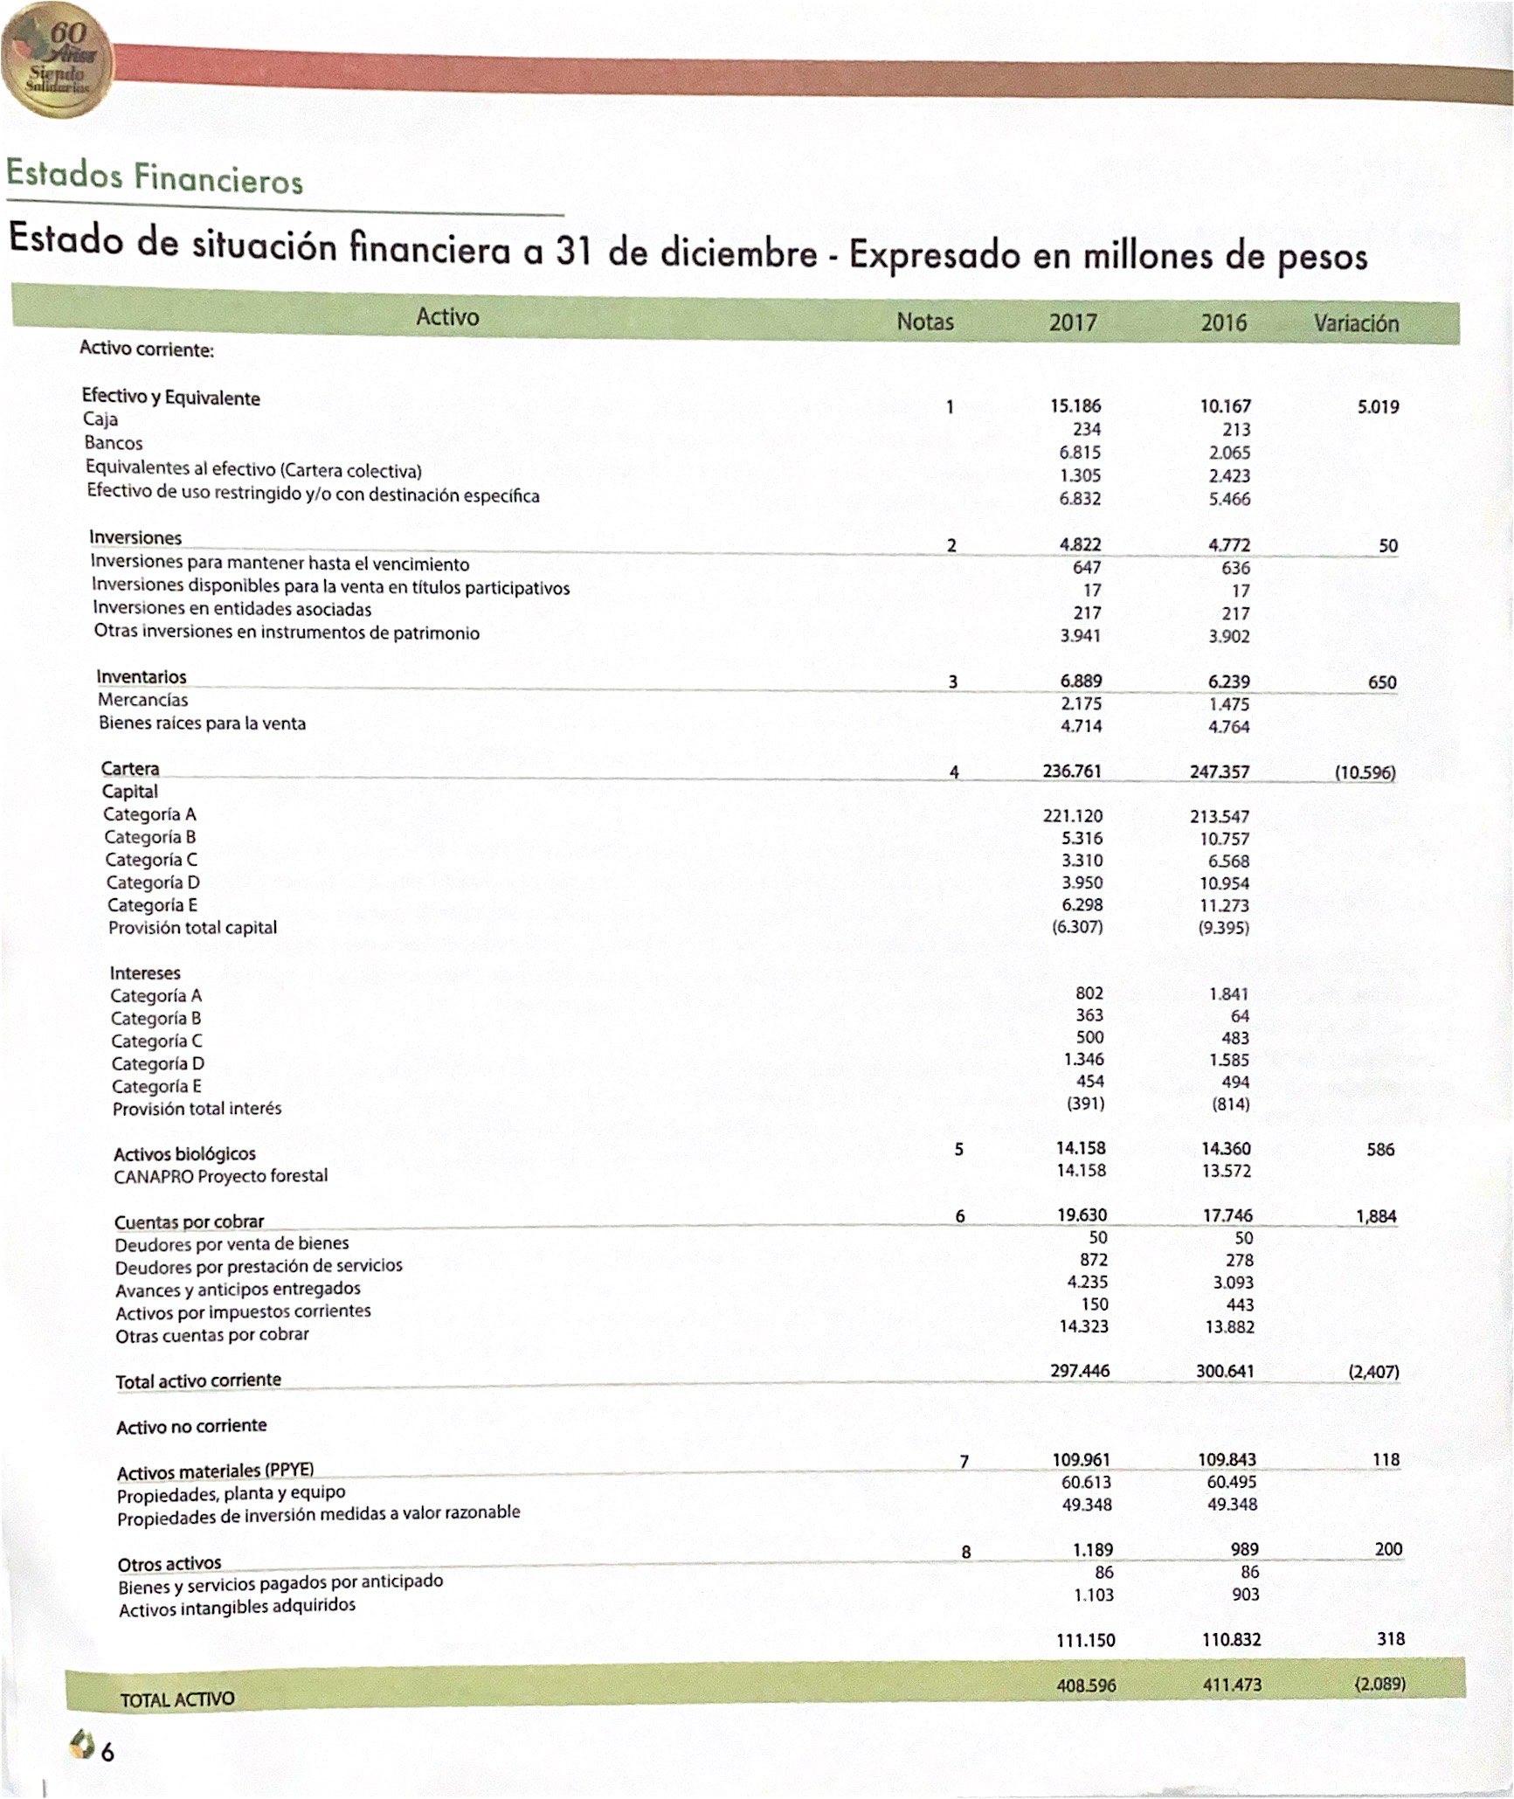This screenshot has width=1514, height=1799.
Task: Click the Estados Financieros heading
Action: (x=155, y=177)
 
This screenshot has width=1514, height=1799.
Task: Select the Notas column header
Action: (x=925, y=322)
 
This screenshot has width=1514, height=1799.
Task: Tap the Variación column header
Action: (x=1356, y=323)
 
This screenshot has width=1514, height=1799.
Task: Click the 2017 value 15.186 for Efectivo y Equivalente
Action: (x=1075, y=406)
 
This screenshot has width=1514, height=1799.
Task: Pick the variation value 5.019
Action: (x=1378, y=406)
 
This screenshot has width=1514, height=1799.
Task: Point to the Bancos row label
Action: (x=114, y=443)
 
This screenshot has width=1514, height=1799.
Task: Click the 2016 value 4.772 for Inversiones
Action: (x=1228, y=545)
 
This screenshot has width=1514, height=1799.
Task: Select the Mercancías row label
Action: (x=142, y=700)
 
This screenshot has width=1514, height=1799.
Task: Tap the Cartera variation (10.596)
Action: (x=1365, y=772)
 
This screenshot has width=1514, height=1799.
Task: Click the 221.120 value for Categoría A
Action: (x=1073, y=816)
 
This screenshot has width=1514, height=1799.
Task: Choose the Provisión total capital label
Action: (x=192, y=928)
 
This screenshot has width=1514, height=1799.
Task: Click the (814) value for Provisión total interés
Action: (x=1230, y=1104)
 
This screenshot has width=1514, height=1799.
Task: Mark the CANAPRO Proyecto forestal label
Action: (x=221, y=1176)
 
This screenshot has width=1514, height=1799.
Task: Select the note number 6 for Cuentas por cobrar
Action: (x=960, y=1216)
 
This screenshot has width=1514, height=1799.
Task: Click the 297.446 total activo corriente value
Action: (x=1080, y=1371)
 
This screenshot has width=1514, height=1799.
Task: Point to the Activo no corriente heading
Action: (x=191, y=1426)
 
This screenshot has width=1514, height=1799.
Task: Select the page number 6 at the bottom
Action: (x=107, y=1752)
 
